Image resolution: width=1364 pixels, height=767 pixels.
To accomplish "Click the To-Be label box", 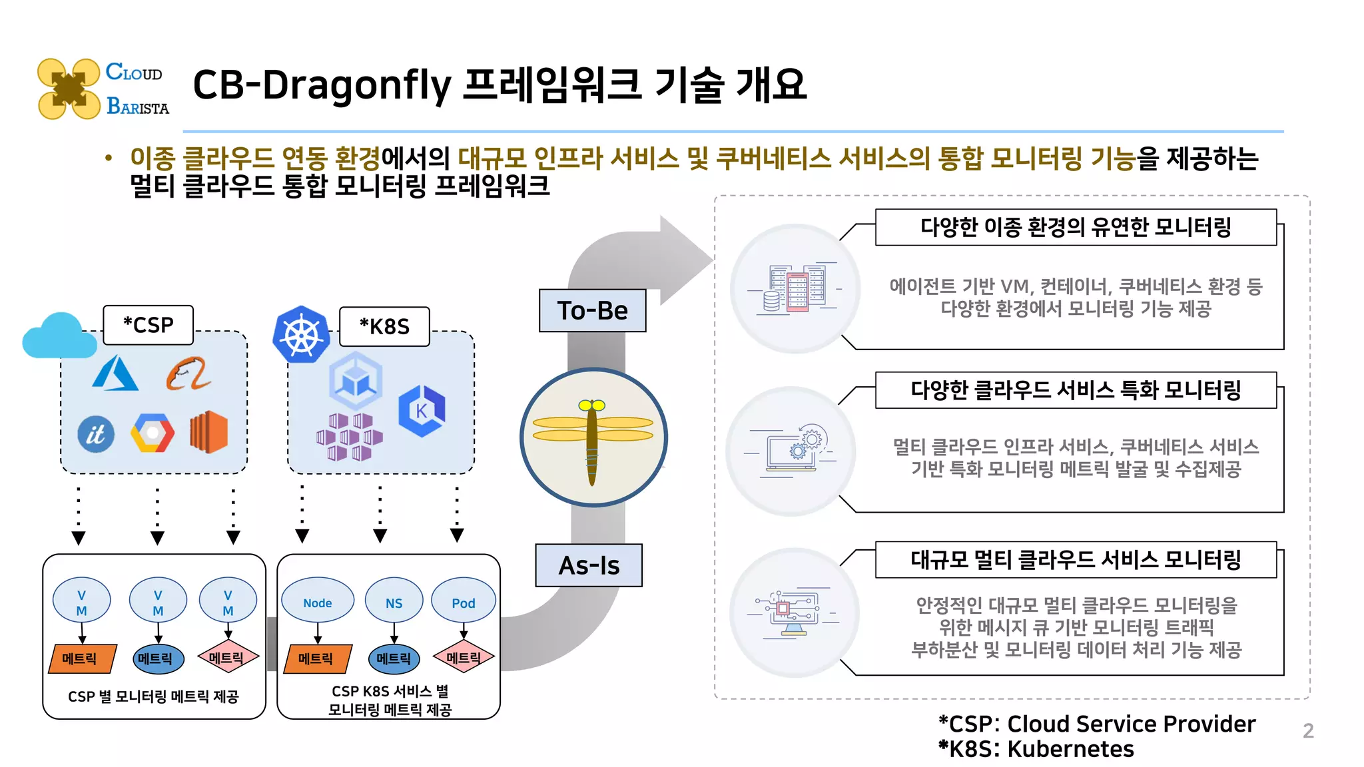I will pyautogui.click(x=592, y=310).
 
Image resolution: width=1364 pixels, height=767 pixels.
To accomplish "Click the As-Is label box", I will pyautogui.click(x=589, y=565).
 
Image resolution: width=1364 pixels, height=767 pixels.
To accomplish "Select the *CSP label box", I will pyautogui.click(x=148, y=325).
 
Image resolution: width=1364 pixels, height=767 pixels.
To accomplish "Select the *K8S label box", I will pyautogui.click(x=384, y=326).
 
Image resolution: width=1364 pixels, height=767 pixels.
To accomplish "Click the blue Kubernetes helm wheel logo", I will pyautogui.click(x=301, y=334).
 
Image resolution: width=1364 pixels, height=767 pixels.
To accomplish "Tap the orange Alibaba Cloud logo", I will pyautogui.click(x=188, y=374).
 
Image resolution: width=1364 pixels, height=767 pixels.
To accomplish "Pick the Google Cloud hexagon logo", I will pyautogui.click(x=153, y=433).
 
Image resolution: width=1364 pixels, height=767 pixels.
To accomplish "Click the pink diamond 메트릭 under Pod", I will pyautogui.click(x=464, y=658).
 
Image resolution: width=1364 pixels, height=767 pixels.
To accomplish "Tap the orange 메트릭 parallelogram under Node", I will pyautogui.click(x=317, y=658).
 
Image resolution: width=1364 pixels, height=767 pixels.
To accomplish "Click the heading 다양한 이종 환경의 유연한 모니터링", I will pyautogui.click(x=1075, y=227).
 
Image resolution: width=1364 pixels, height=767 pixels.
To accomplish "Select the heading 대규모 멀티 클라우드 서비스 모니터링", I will pyautogui.click(x=1075, y=559).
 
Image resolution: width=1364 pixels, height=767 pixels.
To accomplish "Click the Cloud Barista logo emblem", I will pyautogui.click(x=69, y=89).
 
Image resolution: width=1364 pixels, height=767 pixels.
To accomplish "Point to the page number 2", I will pyautogui.click(x=1308, y=731).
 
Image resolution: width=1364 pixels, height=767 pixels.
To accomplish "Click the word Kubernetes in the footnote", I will pyautogui.click(x=1070, y=749).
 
